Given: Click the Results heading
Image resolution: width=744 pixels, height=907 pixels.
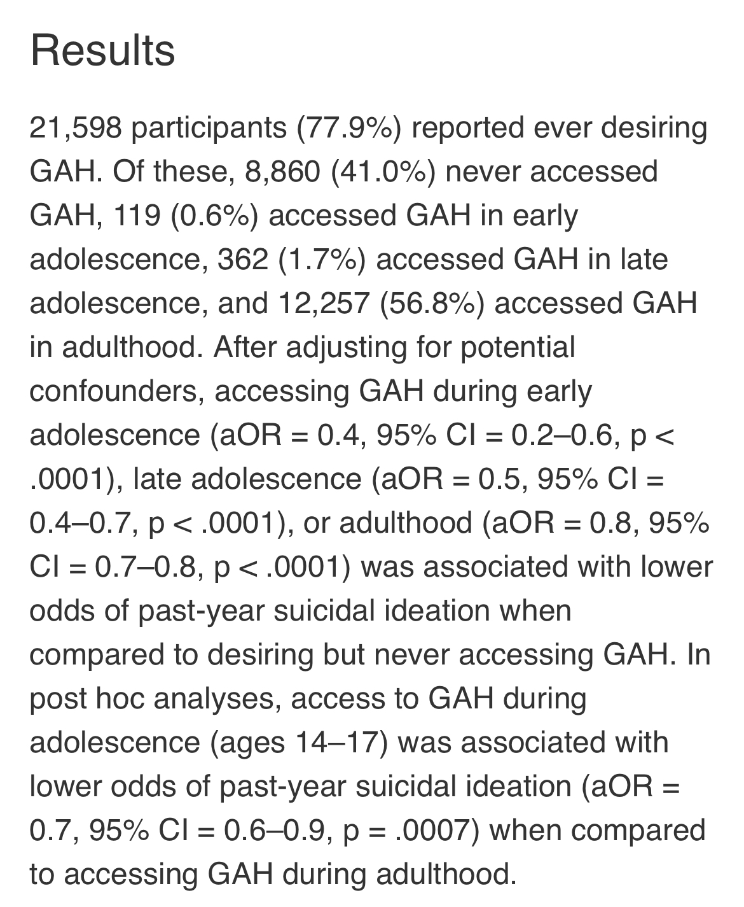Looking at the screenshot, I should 102,51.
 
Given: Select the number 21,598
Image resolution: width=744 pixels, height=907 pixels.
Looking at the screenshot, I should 76,129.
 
